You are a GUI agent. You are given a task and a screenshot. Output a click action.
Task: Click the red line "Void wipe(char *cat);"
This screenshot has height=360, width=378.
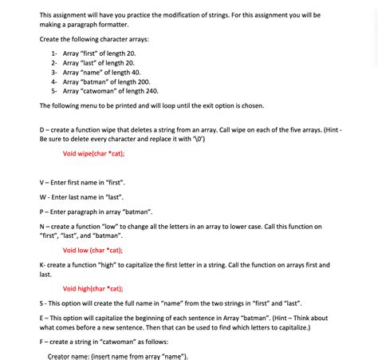point(93,153)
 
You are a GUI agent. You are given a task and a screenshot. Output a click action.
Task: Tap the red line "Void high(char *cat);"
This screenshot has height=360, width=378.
point(93,289)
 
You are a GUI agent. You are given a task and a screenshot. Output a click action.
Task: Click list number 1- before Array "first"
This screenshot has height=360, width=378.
point(54,52)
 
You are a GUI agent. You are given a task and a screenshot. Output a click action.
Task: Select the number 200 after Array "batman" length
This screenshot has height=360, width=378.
point(142,81)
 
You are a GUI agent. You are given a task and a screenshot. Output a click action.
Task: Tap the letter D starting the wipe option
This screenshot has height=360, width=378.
point(42,129)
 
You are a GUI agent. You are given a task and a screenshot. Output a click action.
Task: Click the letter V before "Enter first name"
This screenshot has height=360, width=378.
point(42,183)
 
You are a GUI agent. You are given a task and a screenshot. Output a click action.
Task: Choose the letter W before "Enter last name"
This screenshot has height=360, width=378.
point(43,197)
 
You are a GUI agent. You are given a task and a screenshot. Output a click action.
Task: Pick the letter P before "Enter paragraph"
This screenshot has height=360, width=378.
point(42,212)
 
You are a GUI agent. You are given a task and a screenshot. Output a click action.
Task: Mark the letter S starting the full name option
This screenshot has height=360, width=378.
point(42,303)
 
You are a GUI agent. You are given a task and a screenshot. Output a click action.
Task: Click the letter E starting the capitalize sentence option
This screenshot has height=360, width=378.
point(42,318)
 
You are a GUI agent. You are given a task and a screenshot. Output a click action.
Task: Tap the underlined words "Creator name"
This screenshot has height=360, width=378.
point(71,356)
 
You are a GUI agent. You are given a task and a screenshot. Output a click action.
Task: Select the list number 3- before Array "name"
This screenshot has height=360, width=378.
point(54,72)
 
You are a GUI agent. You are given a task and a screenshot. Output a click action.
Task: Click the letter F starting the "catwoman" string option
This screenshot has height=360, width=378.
point(42,342)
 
